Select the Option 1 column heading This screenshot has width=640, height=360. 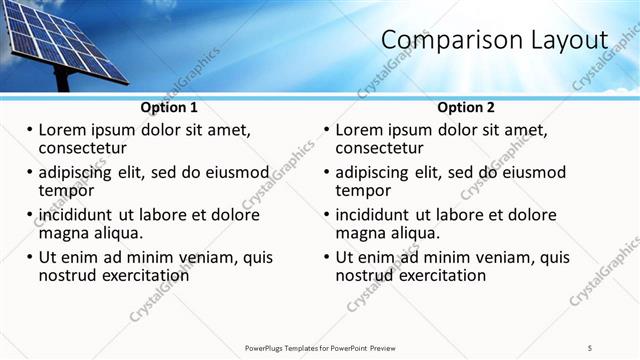pyautogui.click(x=169, y=107)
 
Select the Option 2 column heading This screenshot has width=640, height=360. pyautogui.click(x=466, y=107)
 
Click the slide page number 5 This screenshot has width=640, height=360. pyautogui.click(x=590, y=348)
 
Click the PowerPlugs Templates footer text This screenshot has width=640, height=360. pyautogui.click(x=320, y=348)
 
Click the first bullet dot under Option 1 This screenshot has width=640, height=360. pyautogui.click(x=29, y=130)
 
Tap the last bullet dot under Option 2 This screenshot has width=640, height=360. pyautogui.click(x=326, y=257)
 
